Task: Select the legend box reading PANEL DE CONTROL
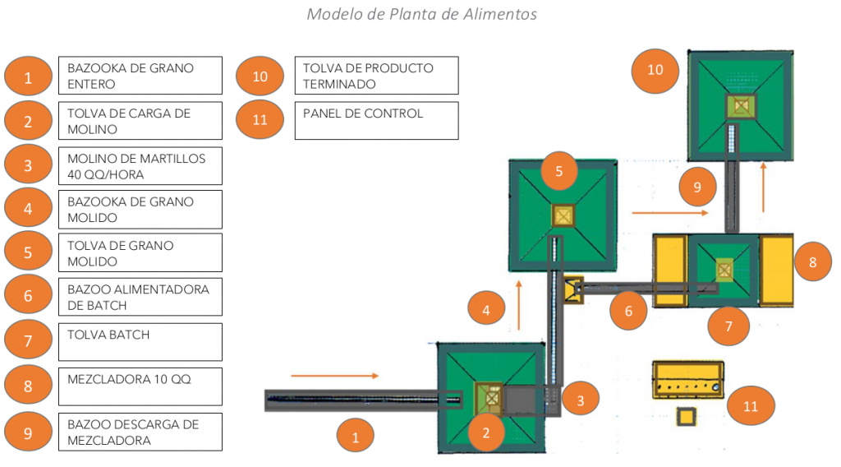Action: (x=377, y=120)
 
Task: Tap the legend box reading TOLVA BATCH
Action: (x=140, y=341)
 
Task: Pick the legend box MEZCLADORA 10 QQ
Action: (x=140, y=386)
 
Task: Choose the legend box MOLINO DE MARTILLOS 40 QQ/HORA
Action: (x=140, y=165)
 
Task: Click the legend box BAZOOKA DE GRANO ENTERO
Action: (x=140, y=76)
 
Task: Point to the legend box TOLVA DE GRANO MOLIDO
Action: (x=140, y=252)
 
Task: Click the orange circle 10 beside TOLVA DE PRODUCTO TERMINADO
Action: (x=260, y=76)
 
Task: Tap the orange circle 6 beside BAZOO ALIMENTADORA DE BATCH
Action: (x=28, y=296)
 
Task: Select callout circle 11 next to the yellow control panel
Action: (x=750, y=405)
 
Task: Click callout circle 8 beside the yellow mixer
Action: (x=812, y=263)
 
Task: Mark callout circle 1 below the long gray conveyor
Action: (x=356, y=437)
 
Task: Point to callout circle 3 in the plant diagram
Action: (x=580, y=400)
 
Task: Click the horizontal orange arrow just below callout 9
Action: (x=669, y=212)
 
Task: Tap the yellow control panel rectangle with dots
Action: (x=688, y=379)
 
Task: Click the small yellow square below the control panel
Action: (x=684, y=418)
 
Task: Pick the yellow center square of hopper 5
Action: (x=563, y=215)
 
